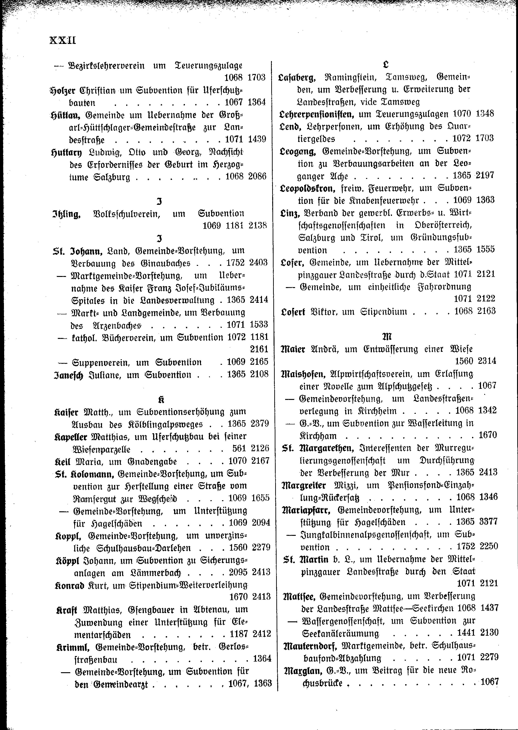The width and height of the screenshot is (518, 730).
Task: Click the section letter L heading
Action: pyautogui.click(x=386, y=65)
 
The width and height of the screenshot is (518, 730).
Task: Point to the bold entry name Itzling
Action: pyautogui.click(x=66, y=214)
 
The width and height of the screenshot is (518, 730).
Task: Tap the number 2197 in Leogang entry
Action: pyautogui.click(x=485, y=175)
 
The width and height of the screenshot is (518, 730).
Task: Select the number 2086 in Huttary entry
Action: pyautogui.click(x=257, y=176)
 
